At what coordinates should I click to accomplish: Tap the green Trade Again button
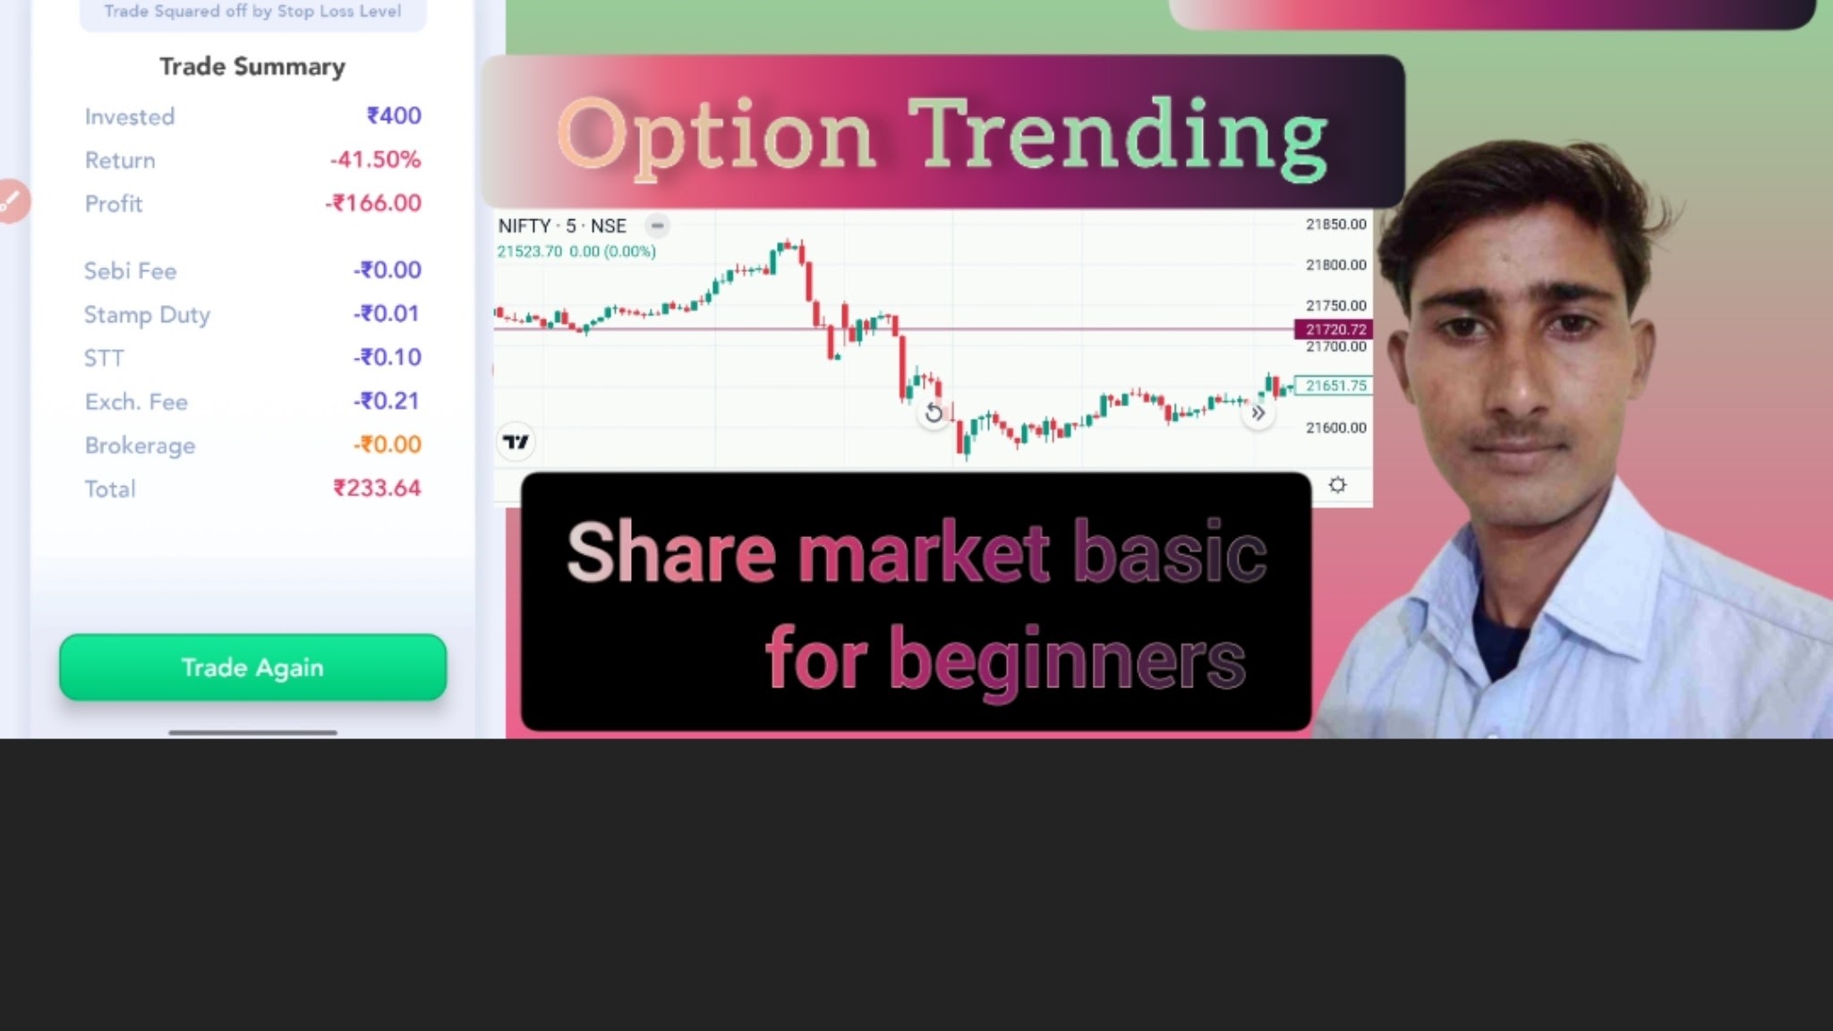click(x=252, y=667)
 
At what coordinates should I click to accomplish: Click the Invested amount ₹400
click(x=394, y=115)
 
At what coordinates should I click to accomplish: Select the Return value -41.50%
click(x=375, y=159)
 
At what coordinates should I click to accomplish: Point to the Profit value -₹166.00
click(x=372, y=203)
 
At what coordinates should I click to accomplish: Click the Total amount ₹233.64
click(x=377, y=488)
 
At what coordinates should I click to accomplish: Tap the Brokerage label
click(x=140, y=445)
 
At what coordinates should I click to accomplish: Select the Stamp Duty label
click(x=147, y=315)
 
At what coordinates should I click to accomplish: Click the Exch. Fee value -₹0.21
click(x=386, y=401)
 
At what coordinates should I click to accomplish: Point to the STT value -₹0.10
click(x=387, y=357)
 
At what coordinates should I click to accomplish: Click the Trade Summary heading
click(x=252, y=67)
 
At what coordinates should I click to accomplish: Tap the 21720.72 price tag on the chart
click(x=1334, y=329)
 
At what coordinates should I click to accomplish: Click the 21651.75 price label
click(x=1334, y=386)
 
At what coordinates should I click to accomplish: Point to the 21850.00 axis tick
click(x=1336, y=224)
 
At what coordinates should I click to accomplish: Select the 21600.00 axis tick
click(x=1336, y=428)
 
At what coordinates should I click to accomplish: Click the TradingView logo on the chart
click(x=516, y=442)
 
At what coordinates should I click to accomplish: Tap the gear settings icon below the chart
click(x=1337, y=485)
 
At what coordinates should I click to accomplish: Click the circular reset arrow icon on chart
click(x=934, y=413)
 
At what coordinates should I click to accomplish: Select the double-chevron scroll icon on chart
click(x=1258, y=413)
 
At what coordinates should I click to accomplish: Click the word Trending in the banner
click(x=1118, y=136)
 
